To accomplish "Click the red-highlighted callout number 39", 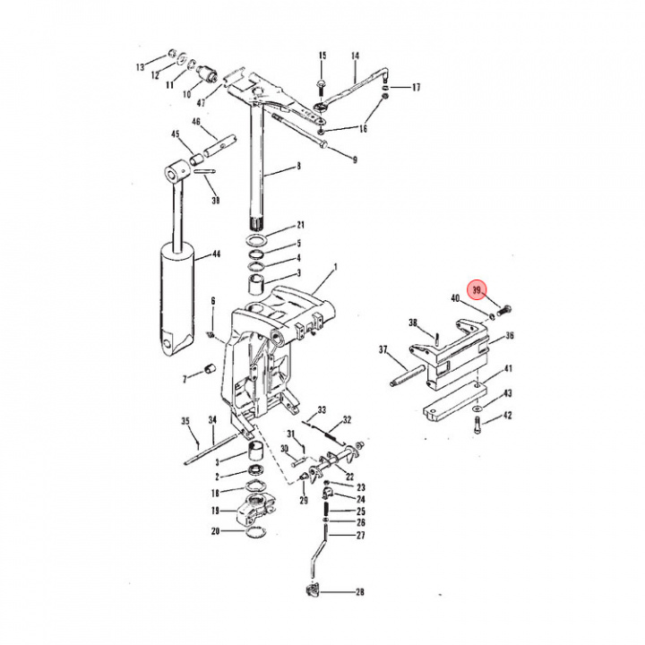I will (477, 290).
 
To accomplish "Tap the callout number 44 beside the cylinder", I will (215, 255).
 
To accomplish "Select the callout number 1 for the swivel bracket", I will (335, 267).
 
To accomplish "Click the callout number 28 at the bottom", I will (359, 593).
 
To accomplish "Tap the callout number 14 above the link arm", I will (355, 56).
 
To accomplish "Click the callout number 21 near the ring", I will (301, 225).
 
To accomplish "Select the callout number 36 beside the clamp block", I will (509, 337).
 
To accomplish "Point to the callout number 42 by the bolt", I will (507, 416).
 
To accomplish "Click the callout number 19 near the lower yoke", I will (215, 511).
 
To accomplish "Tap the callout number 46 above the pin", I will (195, 122).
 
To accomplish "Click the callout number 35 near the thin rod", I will (186, 421).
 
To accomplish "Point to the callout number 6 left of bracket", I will (213, 301).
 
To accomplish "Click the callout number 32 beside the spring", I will (346, 420).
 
